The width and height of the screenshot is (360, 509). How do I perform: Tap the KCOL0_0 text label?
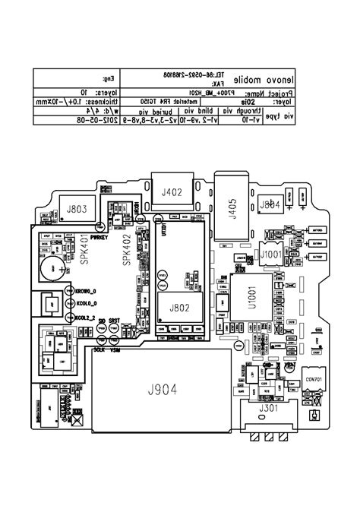click(86, 304)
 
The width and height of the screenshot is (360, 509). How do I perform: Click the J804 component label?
click(270, 206)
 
